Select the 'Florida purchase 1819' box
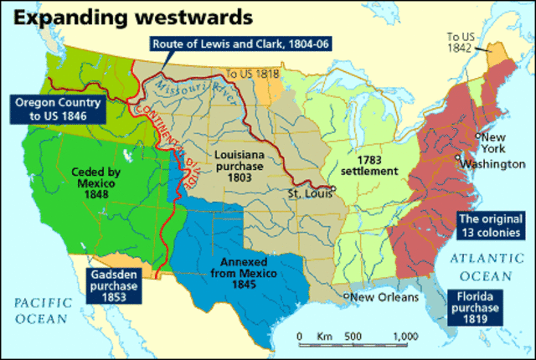(x=476, y=307)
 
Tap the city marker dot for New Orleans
(x=346, y=296)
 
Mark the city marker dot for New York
(x=477, y=136)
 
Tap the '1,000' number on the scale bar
(x=405, y=337)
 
